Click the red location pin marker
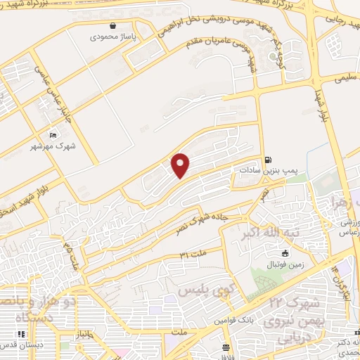click(x=181, y=165)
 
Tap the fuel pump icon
click(x=268, y=159)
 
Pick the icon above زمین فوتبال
click(x=285, y=253)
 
